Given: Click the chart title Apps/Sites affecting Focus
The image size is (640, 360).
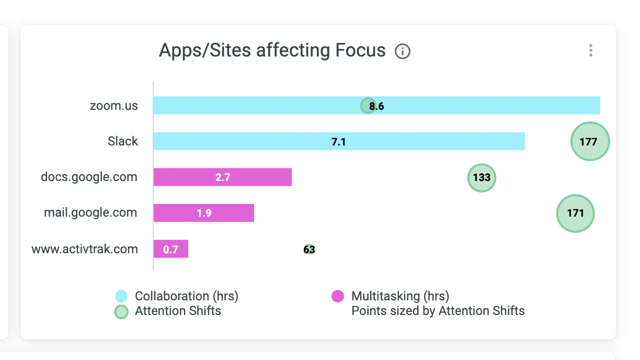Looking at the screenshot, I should (x=272, y=51).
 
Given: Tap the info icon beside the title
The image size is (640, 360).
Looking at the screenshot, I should (x=403, y=51).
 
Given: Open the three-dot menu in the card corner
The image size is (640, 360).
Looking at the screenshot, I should (x=591, y=51).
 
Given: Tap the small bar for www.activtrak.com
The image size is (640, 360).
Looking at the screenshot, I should (x=171, y=249).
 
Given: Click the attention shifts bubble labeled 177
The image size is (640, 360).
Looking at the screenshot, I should (x=590, y=141).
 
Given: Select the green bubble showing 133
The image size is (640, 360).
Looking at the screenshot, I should (x=482, y=177).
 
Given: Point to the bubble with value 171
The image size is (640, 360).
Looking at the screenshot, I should (x=575, y=213).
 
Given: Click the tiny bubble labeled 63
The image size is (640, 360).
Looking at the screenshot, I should (x=309, y=249).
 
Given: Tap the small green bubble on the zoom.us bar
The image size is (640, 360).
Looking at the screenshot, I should (x=368, y=106).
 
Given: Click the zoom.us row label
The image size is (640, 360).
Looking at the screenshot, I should (x=114, y=106).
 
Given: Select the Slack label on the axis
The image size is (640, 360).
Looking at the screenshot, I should (x=123, y=141).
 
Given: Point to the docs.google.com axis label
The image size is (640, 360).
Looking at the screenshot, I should (x=89, y=177).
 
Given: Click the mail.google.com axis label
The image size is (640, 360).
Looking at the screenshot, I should (x=90, y=213).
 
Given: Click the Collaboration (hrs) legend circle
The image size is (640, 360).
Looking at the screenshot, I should (x=121, y=296).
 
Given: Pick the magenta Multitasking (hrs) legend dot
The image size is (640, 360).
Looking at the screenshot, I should (x=338, y=296).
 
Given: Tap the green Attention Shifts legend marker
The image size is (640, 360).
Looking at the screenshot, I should (x=121, y=312).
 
